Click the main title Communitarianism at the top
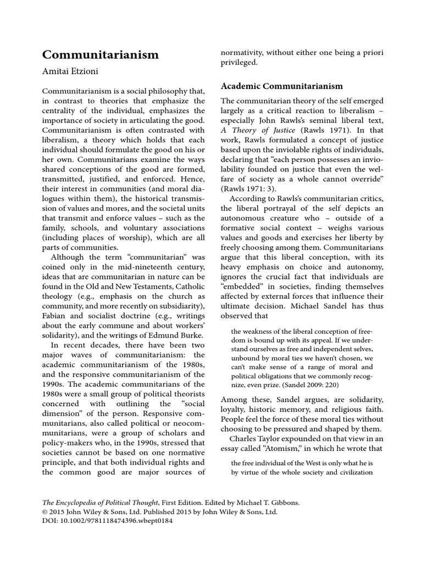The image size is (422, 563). [101, 55]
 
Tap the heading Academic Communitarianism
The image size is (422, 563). [281, 86]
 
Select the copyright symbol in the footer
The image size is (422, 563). [45, 512]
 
